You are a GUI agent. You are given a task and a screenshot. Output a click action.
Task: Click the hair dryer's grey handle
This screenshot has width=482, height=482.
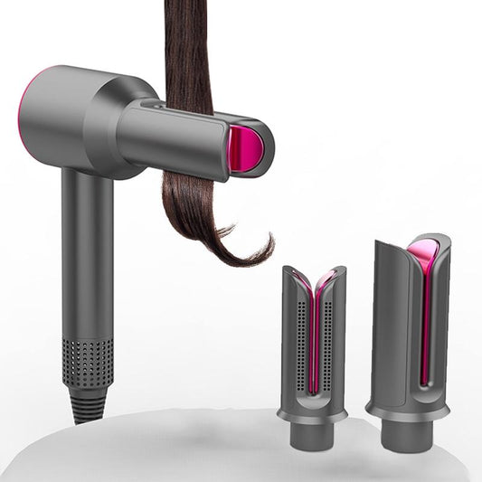(x=88, y=253)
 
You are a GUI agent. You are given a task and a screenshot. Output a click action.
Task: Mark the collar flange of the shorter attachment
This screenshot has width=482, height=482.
(x=312, y=414)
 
